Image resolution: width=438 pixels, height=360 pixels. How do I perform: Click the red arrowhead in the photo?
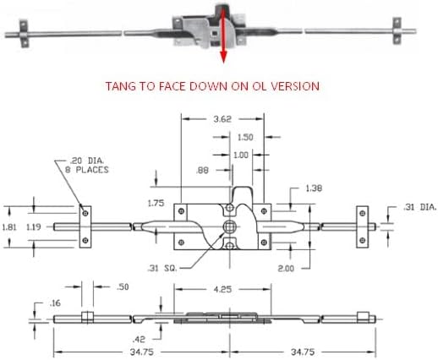[223, 57]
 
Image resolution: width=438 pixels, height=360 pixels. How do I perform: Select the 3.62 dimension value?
[222, 119]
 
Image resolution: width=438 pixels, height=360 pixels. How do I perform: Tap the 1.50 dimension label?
[245, 137]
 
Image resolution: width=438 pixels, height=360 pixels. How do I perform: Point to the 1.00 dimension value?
[241, 155]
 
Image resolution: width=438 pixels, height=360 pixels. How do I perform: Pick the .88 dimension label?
[202, 171]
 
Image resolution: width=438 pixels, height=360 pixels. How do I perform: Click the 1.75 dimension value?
[156, 203]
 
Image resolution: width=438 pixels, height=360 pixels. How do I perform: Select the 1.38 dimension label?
[314, 188]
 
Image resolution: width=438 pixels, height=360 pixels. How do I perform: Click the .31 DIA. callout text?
[420, 207]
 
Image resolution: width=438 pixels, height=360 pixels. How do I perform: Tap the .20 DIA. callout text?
[87, 161]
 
